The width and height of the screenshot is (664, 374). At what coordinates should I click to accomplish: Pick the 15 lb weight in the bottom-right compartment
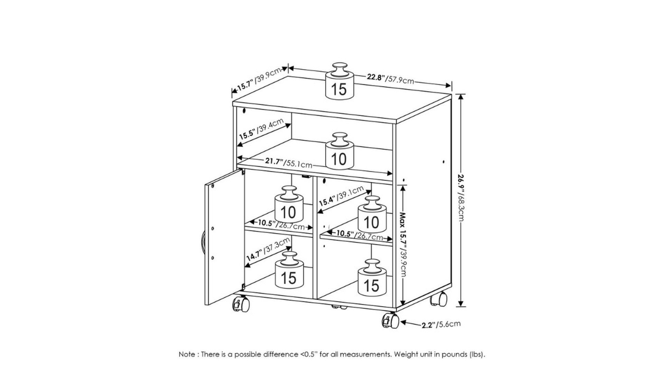point(372,278)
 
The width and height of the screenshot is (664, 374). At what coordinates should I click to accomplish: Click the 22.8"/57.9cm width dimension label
point(390,79)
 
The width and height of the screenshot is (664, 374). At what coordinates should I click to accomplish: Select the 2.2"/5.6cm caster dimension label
point(441,324)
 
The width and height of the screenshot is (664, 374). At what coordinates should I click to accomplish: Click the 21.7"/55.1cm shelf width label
point(289,162)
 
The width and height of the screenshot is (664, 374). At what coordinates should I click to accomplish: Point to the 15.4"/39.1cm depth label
point(341,196)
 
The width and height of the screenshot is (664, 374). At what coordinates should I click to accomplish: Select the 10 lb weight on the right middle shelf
point(372,214)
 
